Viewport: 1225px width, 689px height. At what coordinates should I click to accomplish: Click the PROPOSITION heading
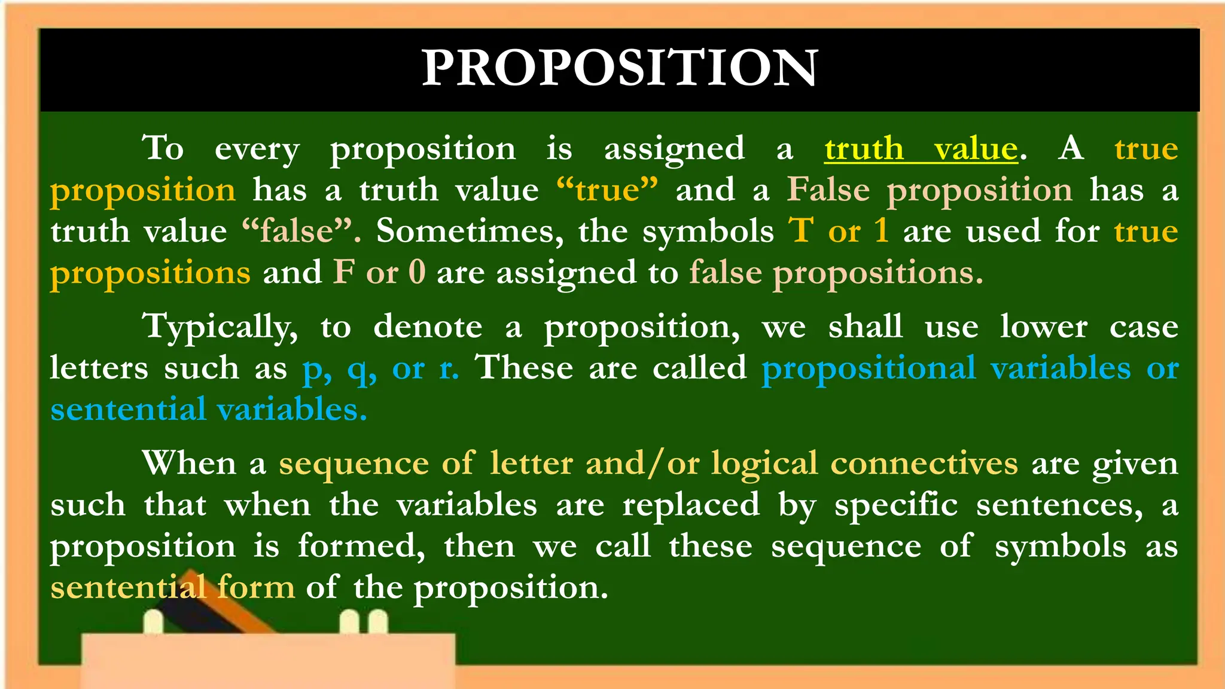tap(620, 68)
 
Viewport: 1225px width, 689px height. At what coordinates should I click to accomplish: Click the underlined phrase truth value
tap(921, 149)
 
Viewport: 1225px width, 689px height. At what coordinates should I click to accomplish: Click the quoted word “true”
tap(607, 190)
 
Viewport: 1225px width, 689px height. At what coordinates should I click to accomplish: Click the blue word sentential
tap(128, 410)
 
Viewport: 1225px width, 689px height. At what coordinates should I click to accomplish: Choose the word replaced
tap(691, 505)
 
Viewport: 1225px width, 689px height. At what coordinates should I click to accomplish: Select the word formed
tap(361, 547)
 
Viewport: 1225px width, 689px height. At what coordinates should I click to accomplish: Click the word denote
tap(428, 327)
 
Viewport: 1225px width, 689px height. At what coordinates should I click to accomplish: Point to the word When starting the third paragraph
tap(189, 464)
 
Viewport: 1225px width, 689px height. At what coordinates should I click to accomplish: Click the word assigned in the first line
tap(674, 149)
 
